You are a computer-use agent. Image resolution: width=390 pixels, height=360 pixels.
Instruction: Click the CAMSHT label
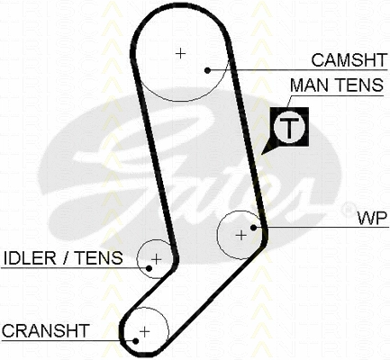point(349,60)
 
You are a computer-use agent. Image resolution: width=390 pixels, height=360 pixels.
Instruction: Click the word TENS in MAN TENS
point(358,85)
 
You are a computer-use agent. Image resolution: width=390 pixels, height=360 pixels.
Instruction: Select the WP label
point(372,218)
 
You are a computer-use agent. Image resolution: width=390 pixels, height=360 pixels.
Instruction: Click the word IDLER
point(30,258)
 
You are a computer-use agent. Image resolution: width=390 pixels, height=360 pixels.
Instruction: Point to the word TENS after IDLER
point(98,258)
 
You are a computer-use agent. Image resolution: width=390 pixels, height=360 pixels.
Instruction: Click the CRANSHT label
point(46,330)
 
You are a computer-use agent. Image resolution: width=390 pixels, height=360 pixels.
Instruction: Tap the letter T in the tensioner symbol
point(289,128)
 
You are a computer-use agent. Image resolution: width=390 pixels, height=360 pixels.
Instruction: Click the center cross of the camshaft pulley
point(180,53)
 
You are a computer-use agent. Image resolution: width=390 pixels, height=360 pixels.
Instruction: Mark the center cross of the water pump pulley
point(241,235)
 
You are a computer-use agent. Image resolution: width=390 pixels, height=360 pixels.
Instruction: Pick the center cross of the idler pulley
point(156,259)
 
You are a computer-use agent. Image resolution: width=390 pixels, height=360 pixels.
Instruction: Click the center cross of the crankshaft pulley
point(145,331)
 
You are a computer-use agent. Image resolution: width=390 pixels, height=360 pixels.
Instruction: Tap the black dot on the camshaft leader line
point(207,70)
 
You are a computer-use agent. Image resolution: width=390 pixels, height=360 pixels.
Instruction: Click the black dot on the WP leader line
point(253,228)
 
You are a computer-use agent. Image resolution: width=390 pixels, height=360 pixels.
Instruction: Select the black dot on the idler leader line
point(149,268)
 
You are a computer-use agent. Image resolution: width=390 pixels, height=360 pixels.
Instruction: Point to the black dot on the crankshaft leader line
point(136,341)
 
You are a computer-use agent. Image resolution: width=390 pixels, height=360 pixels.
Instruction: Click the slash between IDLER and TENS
point(65,258)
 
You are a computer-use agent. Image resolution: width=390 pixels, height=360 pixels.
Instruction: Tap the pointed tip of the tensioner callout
point(261,155)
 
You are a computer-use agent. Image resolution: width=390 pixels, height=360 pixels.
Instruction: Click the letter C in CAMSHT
point(318,60)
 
